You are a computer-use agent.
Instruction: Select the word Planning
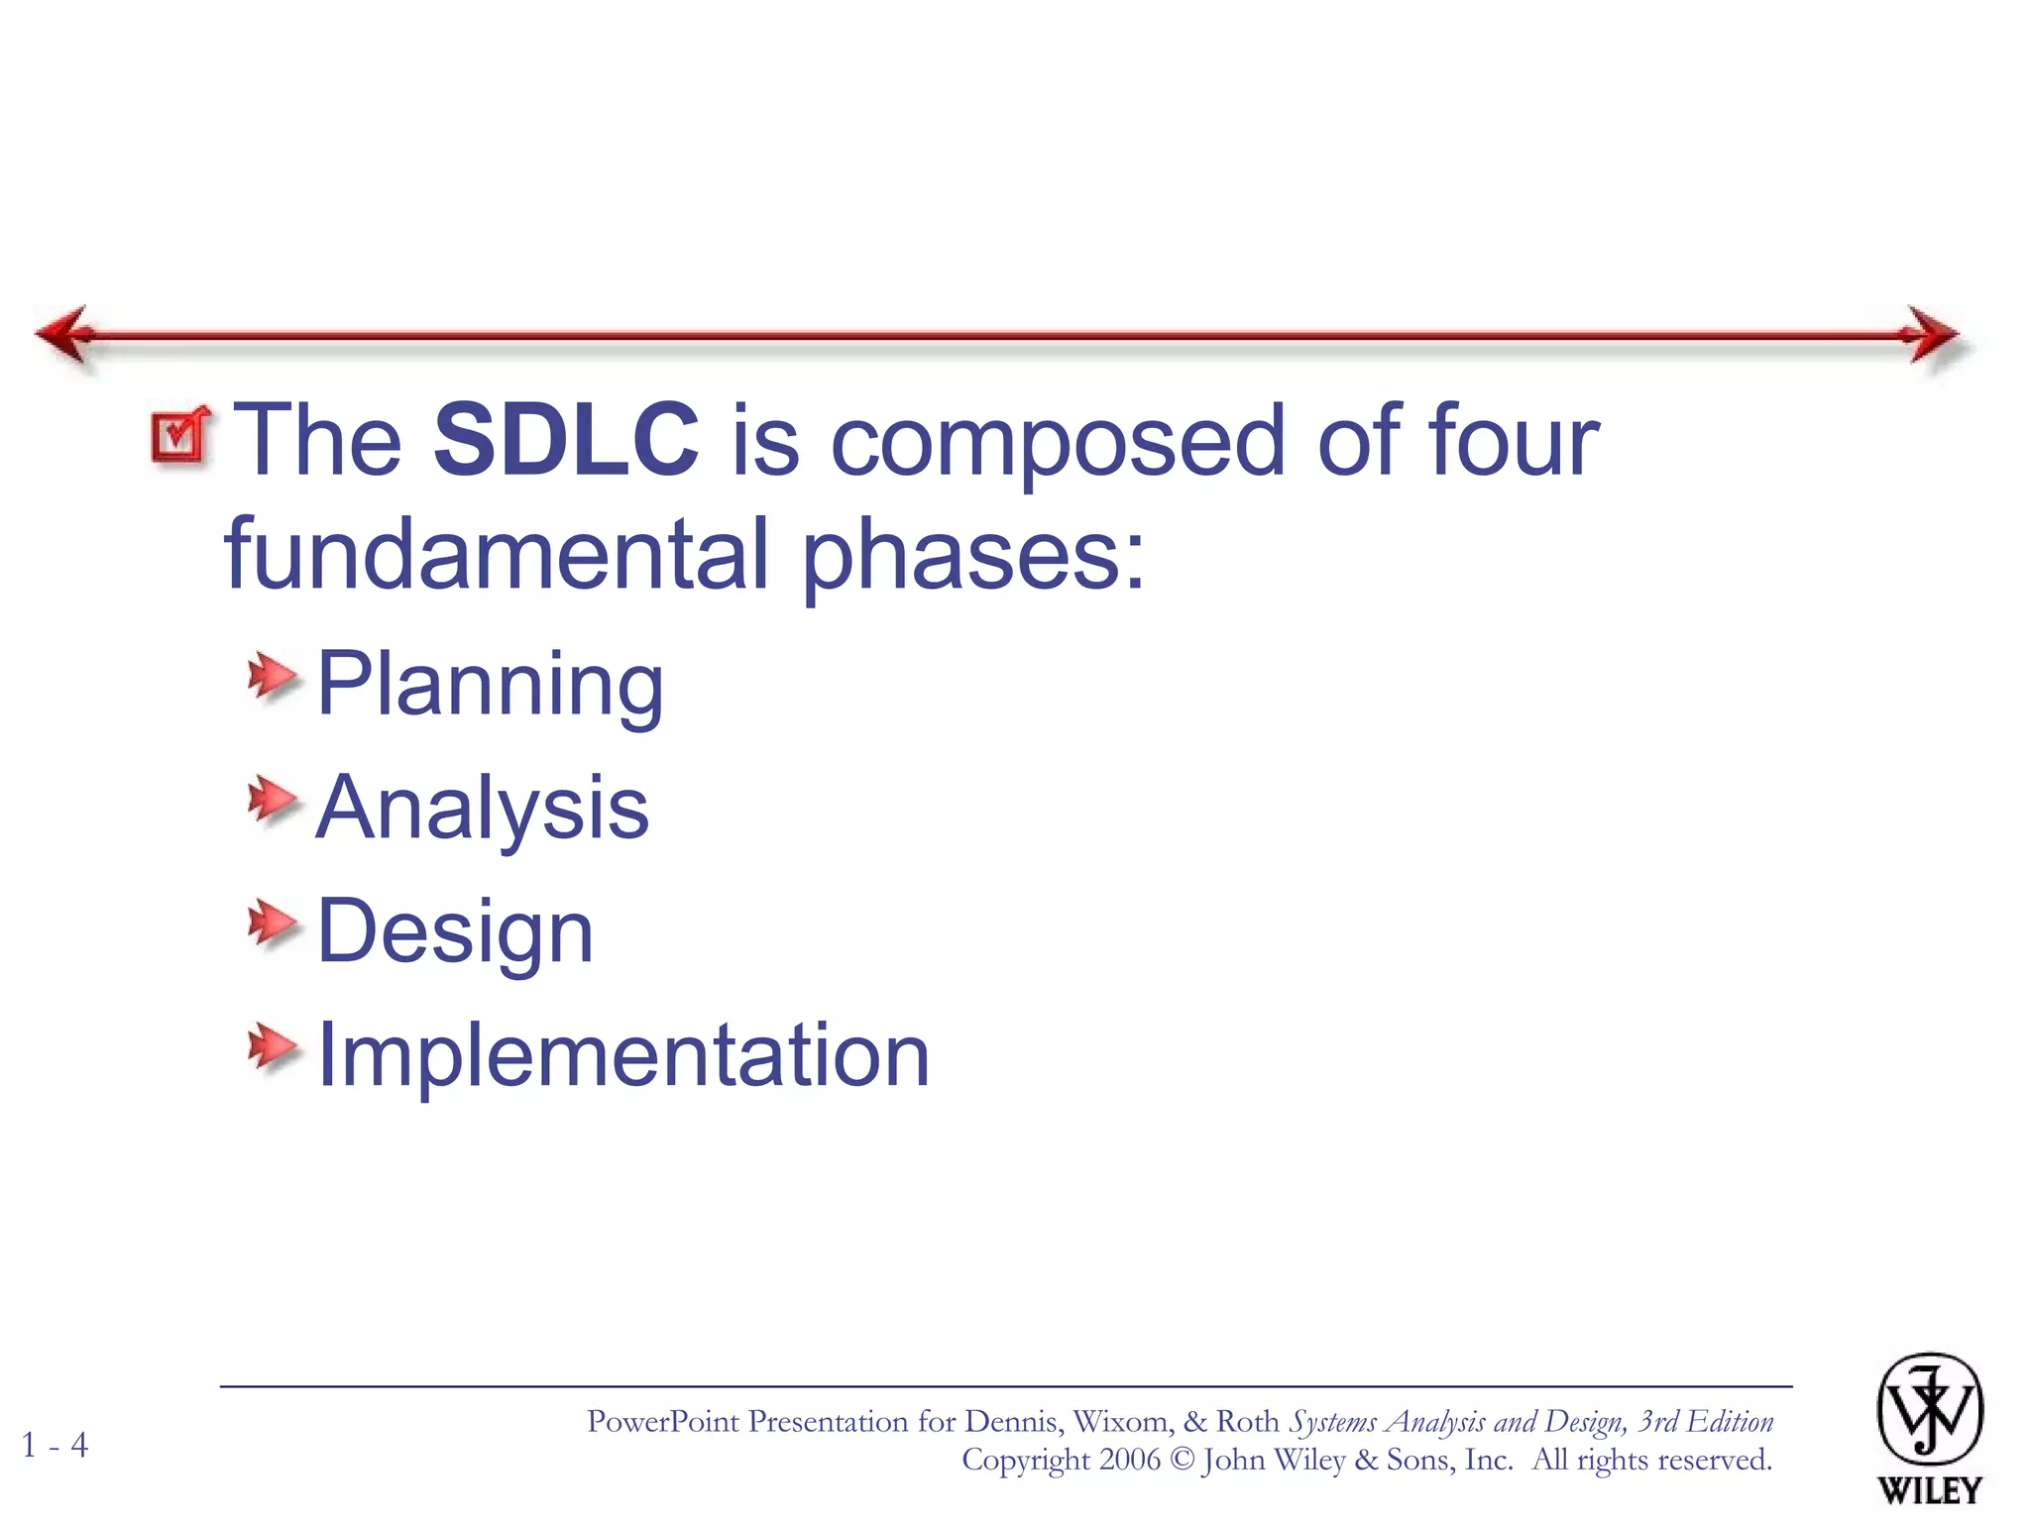point(490,685)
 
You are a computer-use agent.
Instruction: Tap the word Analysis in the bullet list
point(482,808)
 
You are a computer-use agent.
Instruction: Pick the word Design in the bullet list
point(455,931)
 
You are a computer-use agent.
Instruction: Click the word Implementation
point(622,1055)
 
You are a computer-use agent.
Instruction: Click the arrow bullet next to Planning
point(272,678)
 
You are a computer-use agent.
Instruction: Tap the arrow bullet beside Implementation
point(272,1048)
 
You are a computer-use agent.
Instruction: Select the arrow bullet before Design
point(272,924)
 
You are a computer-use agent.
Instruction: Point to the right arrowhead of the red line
point(1931,335)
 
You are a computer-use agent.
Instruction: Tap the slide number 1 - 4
point(56,1445)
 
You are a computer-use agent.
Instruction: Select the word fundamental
point(497,554)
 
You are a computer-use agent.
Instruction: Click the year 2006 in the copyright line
point(1128,1460)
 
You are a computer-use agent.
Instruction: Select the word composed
point(1057,441)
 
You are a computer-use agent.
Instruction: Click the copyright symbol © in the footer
point(1182,1461)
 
